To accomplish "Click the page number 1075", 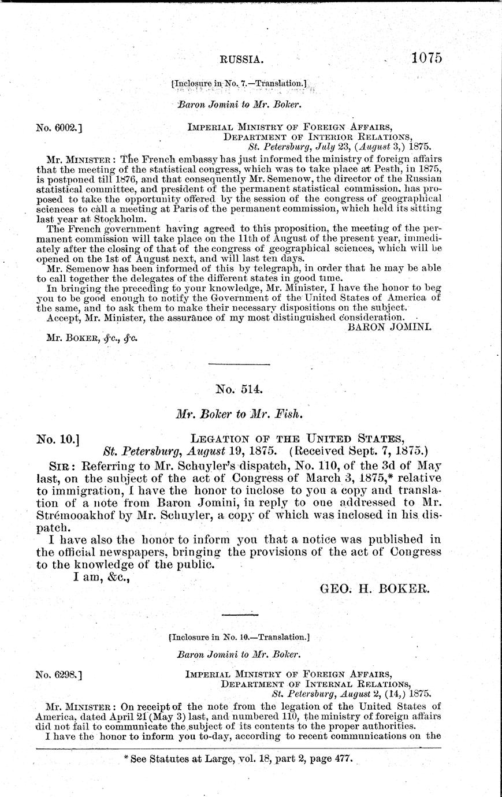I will click(427, 58).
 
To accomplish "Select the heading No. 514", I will click(239, 389).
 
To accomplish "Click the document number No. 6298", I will click(58, 673).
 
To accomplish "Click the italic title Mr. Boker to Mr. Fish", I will click(239, 414).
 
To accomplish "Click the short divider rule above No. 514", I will click(239, 364).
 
